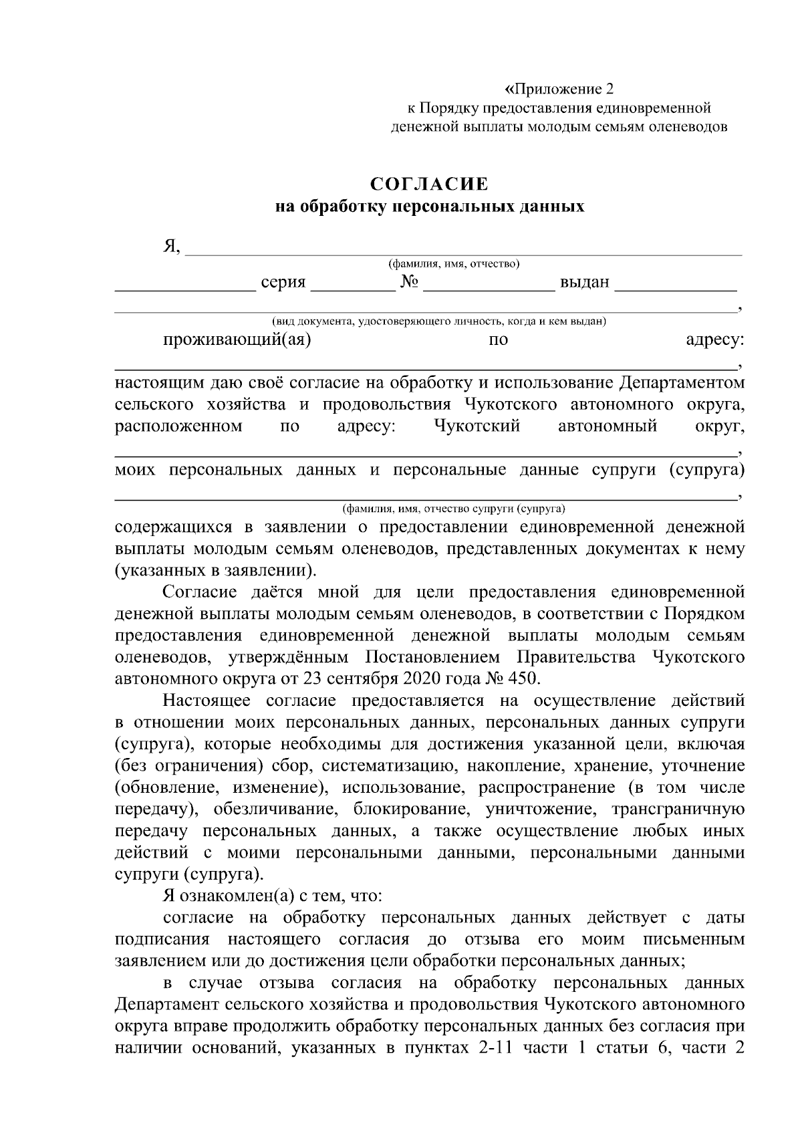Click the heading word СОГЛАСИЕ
point(430,183)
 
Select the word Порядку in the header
point(446,108)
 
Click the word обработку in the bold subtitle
point(343,207)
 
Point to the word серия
point(283,283)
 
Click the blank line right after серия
point(353,287)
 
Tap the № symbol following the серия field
point(409,283)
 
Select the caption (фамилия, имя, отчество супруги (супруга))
point(453,507)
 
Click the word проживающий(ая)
point(237,340)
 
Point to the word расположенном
point(178,426)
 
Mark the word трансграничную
point(678,809)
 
